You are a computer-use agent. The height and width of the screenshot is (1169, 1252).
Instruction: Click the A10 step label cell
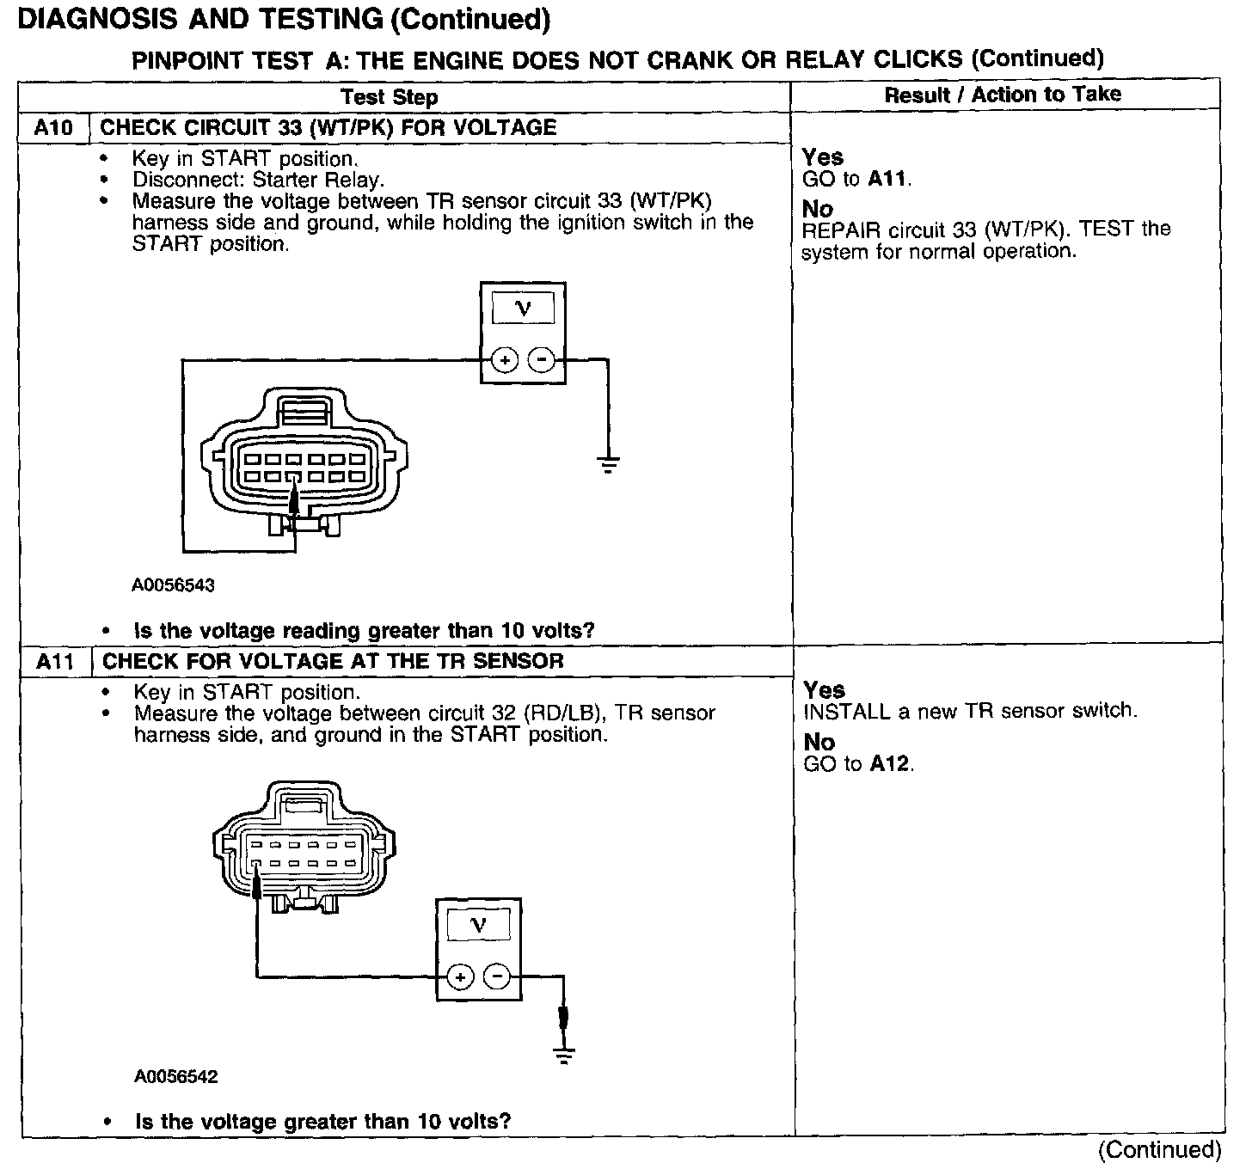pyautogui.click(x=53, y=128)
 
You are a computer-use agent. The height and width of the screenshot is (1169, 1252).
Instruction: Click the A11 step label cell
pyautogui.click(x=55, y=662)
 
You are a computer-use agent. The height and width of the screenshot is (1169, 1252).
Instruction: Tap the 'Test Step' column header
pyautogui.click(x=389, y=97)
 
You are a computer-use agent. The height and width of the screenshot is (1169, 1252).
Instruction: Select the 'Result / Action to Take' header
pyautogui.click(x=1003, y=95)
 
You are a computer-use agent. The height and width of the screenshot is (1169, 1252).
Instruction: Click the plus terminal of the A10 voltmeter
pyautogui.click(x=504, y=360)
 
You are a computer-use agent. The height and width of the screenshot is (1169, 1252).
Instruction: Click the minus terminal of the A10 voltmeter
pyautogui.click(x=541, y=360)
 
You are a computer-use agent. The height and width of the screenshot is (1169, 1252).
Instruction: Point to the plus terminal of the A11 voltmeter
pyautogui.click(x=461, y=977)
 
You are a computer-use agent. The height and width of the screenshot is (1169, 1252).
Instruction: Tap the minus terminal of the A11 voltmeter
pyautogui.click(x=497, y=977)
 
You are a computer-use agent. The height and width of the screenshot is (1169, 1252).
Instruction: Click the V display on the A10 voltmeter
pyautogui.click(x=523, y=309)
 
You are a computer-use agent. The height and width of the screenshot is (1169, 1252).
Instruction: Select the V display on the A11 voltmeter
pyautogui.click(x=479, y=926)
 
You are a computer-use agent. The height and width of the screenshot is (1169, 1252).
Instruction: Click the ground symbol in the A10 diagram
pyautogui.click(x=608, y=465)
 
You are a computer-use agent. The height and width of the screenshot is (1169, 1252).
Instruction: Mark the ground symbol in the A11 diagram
pyautogui.click(x=564, y=1056)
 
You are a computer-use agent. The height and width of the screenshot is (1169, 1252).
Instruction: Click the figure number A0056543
pyautogui.click(x=173, y=585)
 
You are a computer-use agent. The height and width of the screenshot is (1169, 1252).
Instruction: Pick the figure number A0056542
pyautogui.click(x=175, y=1077)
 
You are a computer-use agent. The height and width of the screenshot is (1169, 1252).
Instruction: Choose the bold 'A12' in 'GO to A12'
pyautogui.click(x=890, y=764)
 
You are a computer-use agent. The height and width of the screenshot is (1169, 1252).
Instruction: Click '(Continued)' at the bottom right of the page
pyautogui.click(x=1159, y=1150)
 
